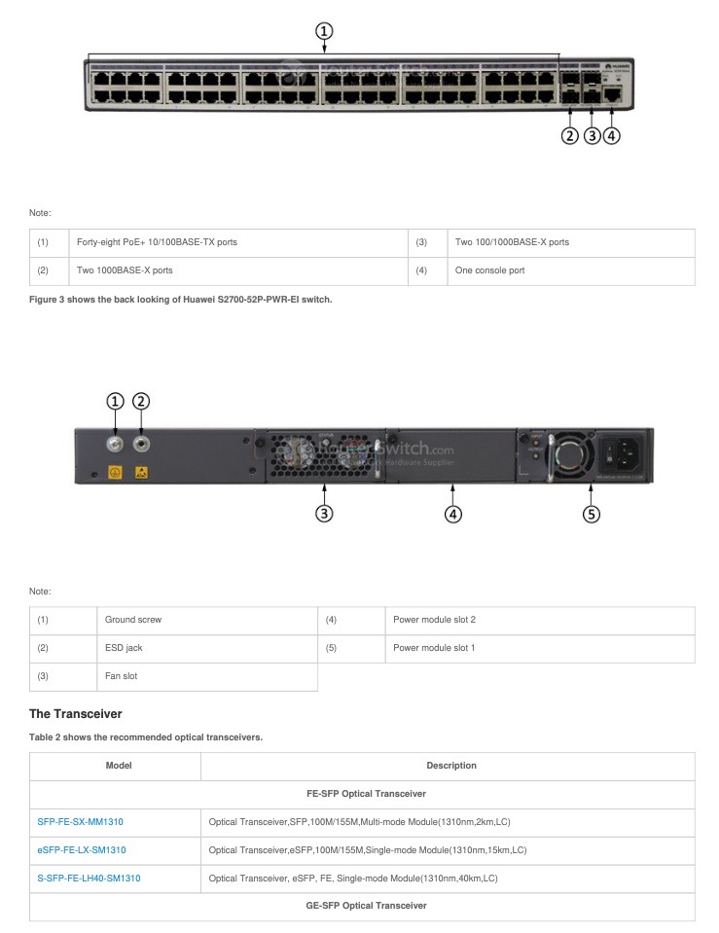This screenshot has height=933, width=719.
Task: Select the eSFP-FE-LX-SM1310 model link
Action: [81, 850]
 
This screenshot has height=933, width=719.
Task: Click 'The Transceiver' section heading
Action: [75, 714]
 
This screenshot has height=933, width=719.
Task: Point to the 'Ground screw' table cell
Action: [133, 620]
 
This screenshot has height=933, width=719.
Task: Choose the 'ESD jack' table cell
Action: [124, 648]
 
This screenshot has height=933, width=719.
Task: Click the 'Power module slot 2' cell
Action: [434, 620]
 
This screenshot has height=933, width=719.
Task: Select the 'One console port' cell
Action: [489, 270]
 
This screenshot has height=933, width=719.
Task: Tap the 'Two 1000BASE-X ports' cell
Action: [125, 270]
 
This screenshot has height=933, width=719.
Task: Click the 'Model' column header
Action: [119, 766]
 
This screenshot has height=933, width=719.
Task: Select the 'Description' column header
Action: [451, 766]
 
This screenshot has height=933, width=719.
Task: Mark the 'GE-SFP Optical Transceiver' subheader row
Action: [362, 907]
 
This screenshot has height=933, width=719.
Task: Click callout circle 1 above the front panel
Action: [324, 30]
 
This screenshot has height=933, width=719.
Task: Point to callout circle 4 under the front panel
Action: [611, 135]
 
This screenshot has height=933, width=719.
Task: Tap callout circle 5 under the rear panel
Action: [592, 514]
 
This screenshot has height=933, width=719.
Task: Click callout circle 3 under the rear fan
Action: [325, 514]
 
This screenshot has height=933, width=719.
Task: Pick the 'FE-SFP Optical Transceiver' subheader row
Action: [362, 794]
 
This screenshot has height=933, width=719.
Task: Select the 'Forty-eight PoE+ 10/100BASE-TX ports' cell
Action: [157, 242]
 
